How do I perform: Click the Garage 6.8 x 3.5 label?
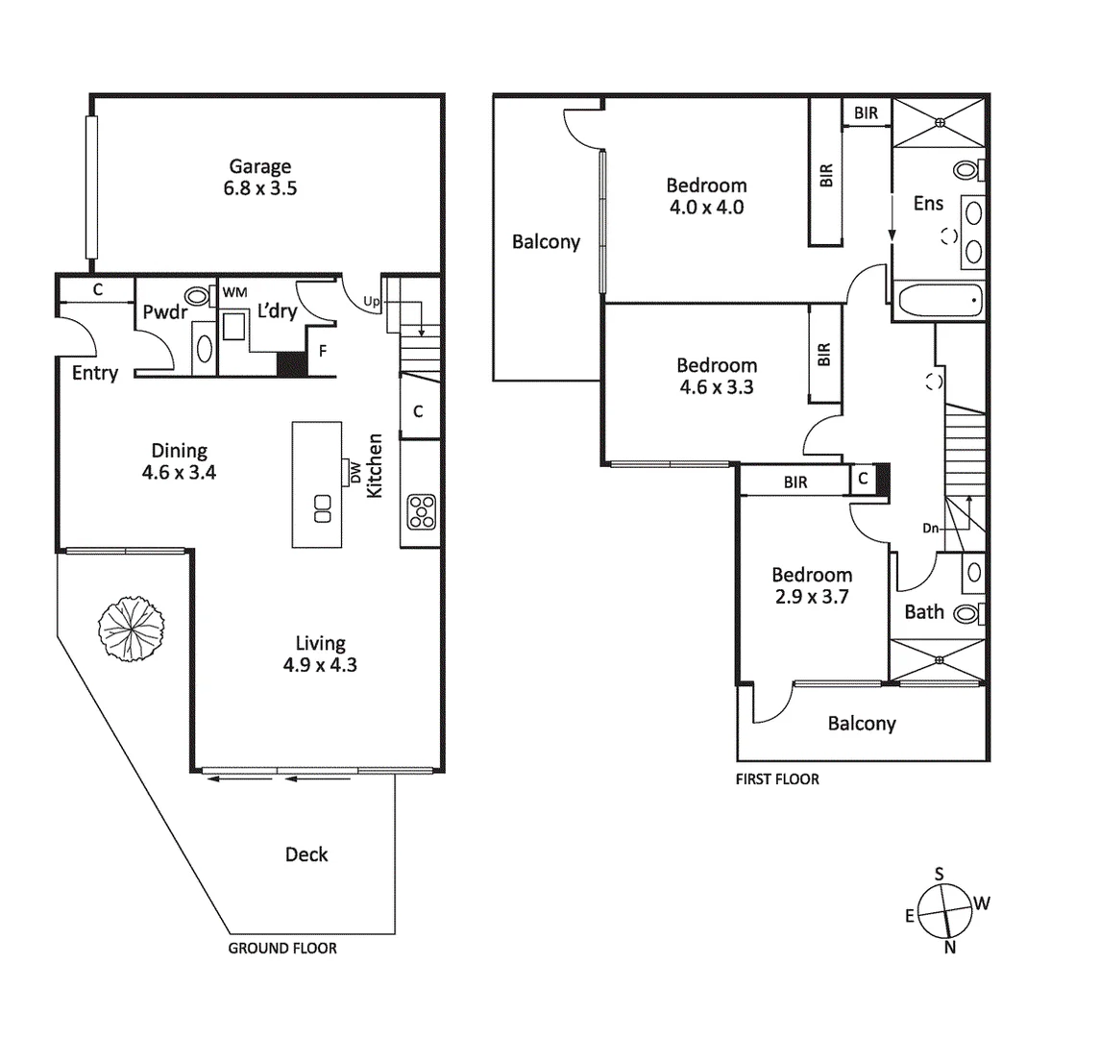tap(259, 178)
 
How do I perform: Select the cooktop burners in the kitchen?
tap(421, 511)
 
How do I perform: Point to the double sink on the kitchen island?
tap(322, 507)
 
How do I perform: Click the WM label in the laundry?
tap(233, 291)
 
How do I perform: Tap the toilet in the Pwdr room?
tap(199, 296)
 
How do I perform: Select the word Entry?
tap(94, 373)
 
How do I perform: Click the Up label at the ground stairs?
tap(372, 302)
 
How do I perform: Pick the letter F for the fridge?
tap(323, 351)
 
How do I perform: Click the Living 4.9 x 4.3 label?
tap(320, 654)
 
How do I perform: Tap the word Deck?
tap(306, 854)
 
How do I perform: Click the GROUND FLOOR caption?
tap(282, 949)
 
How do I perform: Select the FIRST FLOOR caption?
tap(777, 779)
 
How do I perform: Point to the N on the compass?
tap(950, 948)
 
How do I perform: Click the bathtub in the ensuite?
tap(939, 301)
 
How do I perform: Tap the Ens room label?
tap(928, 204)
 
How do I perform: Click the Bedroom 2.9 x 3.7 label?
tap(812, 585)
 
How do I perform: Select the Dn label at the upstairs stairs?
tap(930, 528)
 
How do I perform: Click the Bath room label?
tap(923, 612)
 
